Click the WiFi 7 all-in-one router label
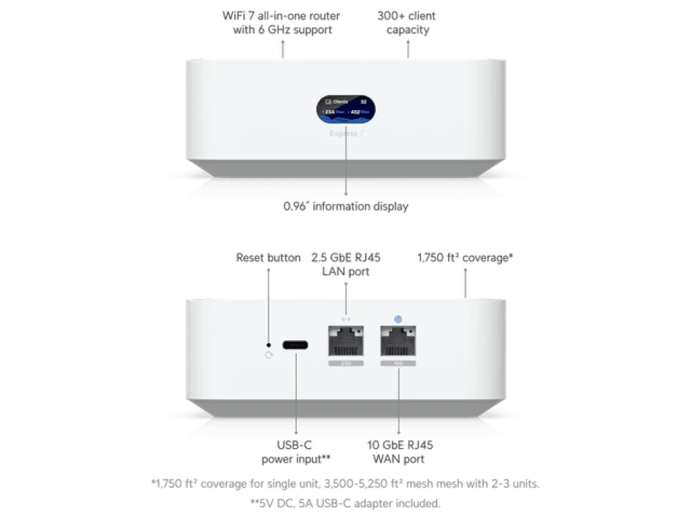point(283,22)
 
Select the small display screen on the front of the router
point(348,109)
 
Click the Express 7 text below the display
point(348,134)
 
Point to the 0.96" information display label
point(347,206)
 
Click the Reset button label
point(268,258)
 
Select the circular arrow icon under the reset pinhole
point(269,355)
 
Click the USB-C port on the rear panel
point(296,344)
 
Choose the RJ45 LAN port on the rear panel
point(346,341)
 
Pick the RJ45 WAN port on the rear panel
point(398,341)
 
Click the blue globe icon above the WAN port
point(398,318)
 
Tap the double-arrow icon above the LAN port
point(346,318)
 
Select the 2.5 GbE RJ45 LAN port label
point(346,263)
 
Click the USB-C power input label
point(296,453)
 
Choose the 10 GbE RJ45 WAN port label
point(398,453)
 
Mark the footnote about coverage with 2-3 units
point(346,484)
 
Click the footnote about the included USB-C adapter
point(346,502)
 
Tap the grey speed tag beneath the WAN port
point(398,363)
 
